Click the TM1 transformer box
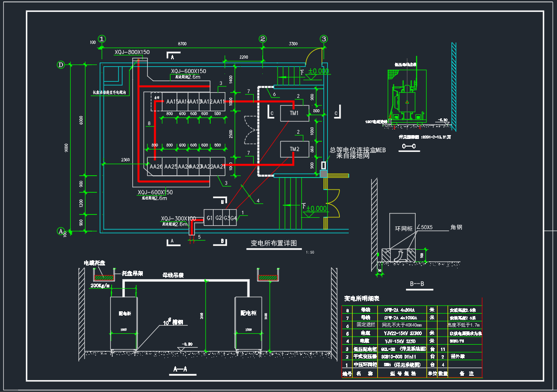(294, 114)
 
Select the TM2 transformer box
(294, 149)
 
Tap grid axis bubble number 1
(102, 39)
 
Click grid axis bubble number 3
(324, 39)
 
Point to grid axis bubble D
(61, 65)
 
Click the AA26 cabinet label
(156, 167)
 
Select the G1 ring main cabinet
(209, 218)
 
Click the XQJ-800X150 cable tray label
(132, 52)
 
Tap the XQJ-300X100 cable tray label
(178, 218)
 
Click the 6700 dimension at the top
(182, 44)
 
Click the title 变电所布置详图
(274, 243)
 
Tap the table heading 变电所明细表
(362, 298)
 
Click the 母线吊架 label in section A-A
(173, 275)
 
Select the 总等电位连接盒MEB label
(357, 150)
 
